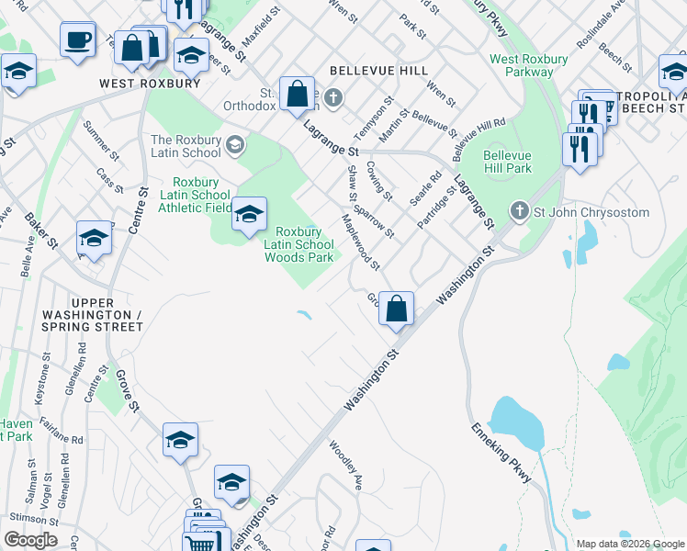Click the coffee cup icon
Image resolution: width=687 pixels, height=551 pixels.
tap(78, 40)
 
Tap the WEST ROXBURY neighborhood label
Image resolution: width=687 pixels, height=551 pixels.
tap(151, 84)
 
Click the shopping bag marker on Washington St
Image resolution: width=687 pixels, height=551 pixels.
tap(396, 309)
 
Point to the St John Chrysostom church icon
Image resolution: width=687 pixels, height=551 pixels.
tap(519, 212)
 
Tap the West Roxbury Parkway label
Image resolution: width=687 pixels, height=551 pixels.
tap(528, 65)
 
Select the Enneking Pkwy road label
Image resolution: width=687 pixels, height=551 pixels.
tap(501, 453)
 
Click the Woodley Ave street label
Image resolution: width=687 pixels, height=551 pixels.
tap(346, 465)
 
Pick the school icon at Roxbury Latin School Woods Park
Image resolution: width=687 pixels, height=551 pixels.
tap(248, 215)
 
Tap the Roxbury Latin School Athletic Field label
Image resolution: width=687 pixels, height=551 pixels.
tap(195, 195)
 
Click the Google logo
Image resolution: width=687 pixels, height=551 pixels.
tap(30, 540)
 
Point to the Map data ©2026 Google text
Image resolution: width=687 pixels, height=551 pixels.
tap(630, 544)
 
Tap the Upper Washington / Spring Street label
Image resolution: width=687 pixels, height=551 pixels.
tap(93, 314)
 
